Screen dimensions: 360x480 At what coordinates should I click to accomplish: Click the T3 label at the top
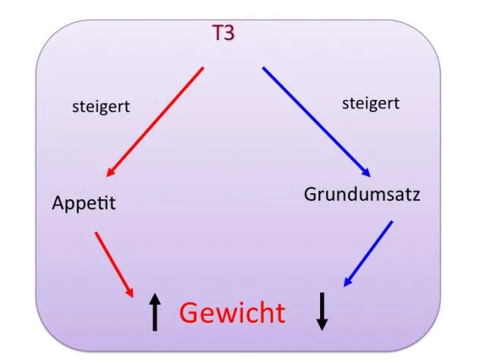pos(223,33)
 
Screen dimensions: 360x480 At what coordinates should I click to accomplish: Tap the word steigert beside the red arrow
pos(101,107)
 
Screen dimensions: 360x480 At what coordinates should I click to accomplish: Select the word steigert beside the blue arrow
pos(371,104)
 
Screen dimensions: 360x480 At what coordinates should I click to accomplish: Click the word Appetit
pos(84,203)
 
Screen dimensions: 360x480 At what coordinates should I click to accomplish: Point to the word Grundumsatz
pos(362,194)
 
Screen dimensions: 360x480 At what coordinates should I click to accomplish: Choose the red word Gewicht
pos(233,312)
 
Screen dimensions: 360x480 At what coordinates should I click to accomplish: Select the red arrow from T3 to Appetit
pos(155,122)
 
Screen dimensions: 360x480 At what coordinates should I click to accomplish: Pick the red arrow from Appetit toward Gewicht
pos(115,265)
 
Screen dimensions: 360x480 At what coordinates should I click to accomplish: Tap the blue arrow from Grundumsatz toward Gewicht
pos(369,253)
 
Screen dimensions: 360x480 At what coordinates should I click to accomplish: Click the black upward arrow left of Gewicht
pos(155,311)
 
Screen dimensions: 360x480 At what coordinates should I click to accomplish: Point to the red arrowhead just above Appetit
pos(111,172)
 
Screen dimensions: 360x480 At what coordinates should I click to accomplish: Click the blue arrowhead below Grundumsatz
pos(348,281)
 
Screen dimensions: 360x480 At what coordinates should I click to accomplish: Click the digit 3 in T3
pos(229,33)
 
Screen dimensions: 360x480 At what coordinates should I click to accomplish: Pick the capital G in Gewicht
pos(190,312)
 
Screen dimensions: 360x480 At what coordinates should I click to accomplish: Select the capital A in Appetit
pos(59,202)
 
